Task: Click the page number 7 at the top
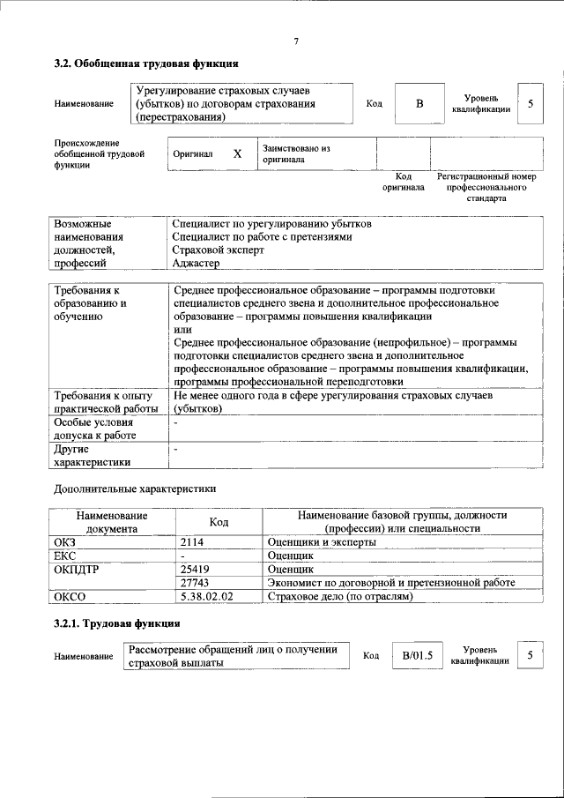tap(296, 41)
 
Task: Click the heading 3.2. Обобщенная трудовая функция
tap(145, 64)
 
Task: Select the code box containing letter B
tap(419, 104)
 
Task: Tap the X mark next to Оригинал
tap(237, 153)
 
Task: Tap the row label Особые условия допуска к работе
tap(92, 429)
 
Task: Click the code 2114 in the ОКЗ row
tap(192, 542)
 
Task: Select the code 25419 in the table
tap(195, 570)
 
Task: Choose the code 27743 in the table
tap(195, 583)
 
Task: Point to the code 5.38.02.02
tap(206, 596)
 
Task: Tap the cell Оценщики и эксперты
tap(322, 542)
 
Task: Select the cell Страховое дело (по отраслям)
tap(339, 596)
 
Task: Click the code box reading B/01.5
tap(417, 656)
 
